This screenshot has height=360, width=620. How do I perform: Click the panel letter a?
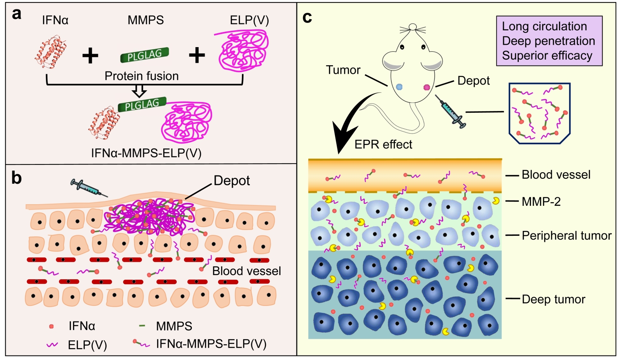[16, 14]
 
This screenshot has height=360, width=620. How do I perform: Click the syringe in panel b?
[88, 188]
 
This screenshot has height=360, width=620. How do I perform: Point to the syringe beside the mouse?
[450, 111]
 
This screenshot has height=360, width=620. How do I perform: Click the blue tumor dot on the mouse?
[400, 87]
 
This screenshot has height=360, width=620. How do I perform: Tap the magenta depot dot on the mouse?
[426, 87]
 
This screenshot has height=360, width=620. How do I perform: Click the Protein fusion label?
[141, 76]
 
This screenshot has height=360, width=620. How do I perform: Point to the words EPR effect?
[383, 144]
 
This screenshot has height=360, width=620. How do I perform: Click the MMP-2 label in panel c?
[541, 201]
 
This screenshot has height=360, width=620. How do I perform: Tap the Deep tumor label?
[553, 299]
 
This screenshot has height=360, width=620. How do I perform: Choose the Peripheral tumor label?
[566, 236]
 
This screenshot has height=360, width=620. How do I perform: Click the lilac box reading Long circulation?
[549, 41]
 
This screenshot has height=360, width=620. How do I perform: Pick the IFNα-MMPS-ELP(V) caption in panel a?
[146, 153]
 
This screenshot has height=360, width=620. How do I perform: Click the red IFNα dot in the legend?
[51, 326]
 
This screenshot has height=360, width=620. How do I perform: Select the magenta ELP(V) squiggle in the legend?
[52, 345]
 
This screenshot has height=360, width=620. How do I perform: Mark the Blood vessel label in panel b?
[246, 271]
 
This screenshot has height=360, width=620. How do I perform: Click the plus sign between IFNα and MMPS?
[90, 55]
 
